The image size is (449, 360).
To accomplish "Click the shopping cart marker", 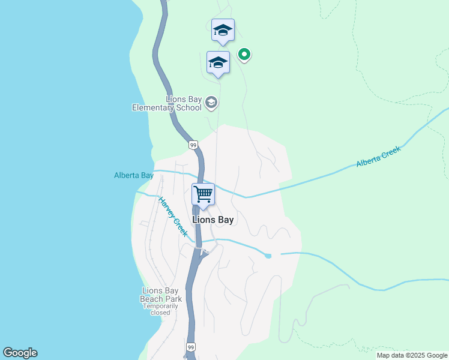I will click(203, 195).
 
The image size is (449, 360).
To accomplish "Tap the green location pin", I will click(244, 55).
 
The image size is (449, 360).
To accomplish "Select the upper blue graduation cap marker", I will click(223, 31).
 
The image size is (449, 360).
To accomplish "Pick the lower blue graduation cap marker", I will click(218, 62).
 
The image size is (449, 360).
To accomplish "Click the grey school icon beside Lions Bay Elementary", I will click(211, 103).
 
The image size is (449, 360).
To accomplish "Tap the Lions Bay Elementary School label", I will click(167, 104).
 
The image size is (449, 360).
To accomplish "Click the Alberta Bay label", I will click(134, 175).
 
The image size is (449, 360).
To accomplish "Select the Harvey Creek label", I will click(173, 217).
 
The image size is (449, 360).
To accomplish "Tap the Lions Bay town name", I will click(213, 220).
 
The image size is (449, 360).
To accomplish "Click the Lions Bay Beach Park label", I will click(161, 295).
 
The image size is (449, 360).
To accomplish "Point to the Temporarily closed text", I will click(161, 309).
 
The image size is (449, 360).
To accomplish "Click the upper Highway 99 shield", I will click(193, 145).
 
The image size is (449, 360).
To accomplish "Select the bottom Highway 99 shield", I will click(191, 347).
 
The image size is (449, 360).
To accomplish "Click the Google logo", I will click(20, 353).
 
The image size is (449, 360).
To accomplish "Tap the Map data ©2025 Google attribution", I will click(412, 355).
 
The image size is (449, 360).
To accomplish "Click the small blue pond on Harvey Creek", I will click(268, 256).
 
